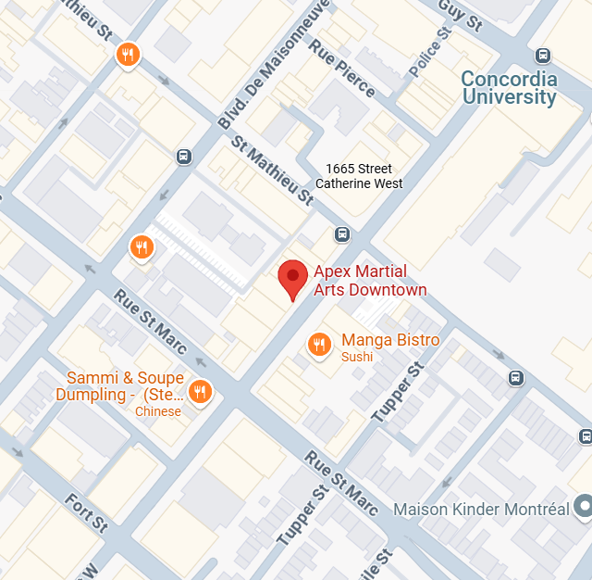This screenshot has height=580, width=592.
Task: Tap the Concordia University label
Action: pyautogui.click(x=509, y=88)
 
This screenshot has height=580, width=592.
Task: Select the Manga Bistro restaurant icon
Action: pyautogui.click(x=319, y=344)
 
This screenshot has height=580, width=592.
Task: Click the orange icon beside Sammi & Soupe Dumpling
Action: pyautogui.click(x=199, y=392)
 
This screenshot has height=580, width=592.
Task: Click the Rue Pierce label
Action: pyautogui.click(x=342, y=67)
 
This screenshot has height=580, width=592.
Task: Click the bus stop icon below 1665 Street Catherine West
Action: pyautogui.click(x=342, y=233)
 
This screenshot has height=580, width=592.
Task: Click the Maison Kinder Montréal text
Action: pyautogui.click(x=481, y=509)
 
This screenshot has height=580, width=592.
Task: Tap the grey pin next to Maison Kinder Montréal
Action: pyautogui.click(x=583, y=506)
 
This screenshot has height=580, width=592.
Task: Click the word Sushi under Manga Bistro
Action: pyautogui.click(x=357, y=358)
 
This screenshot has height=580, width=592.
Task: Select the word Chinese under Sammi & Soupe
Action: pyautogui.click(x=158, y=411)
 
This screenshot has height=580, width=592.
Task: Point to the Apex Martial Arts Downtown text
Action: pyautogui.click(x=370, y=281)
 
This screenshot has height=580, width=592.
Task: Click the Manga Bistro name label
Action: pyautogui.click(x=390, y=340)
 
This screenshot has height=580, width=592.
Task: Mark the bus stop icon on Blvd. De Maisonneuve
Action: pyautogui.click(x=184, y=156)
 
